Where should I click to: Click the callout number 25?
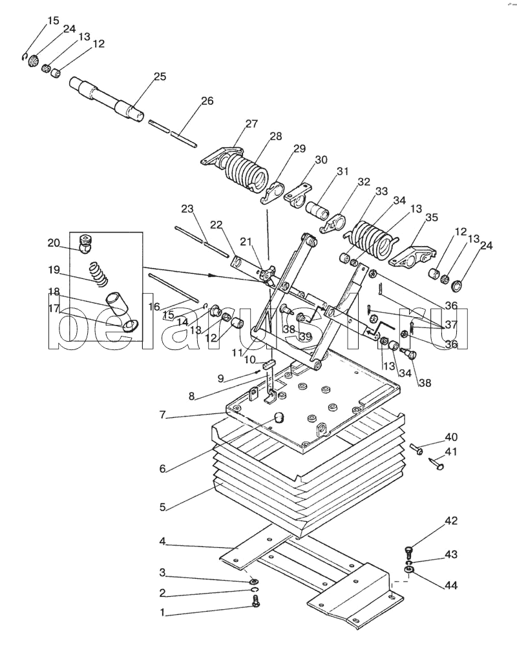160,77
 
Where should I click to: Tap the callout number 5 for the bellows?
163,508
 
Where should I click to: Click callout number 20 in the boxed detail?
53,243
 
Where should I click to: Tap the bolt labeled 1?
256,603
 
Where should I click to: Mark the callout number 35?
431,217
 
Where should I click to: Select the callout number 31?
342,171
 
